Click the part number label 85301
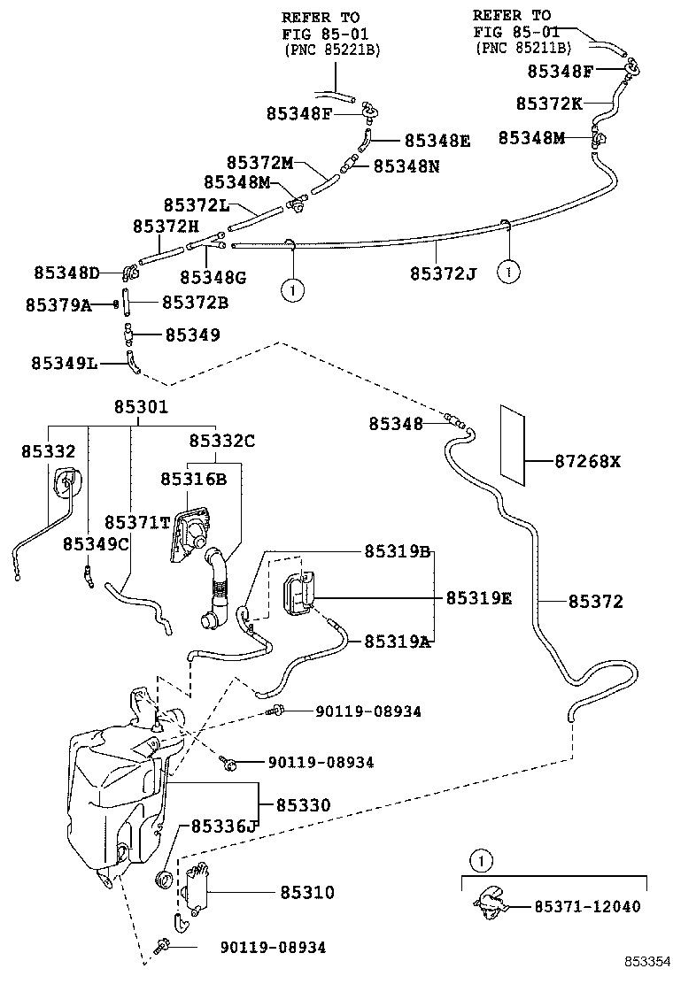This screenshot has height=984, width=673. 140,407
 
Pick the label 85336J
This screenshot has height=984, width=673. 221,826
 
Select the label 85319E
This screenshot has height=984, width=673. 478,598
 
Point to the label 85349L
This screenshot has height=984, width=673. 64,363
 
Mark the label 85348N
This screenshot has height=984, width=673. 406,165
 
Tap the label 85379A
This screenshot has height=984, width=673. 58,304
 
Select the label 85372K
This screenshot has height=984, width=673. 549,104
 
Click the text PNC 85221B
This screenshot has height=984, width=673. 332,50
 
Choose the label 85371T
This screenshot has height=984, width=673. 137,522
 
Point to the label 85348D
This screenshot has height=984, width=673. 67,271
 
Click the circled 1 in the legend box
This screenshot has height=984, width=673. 479,859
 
